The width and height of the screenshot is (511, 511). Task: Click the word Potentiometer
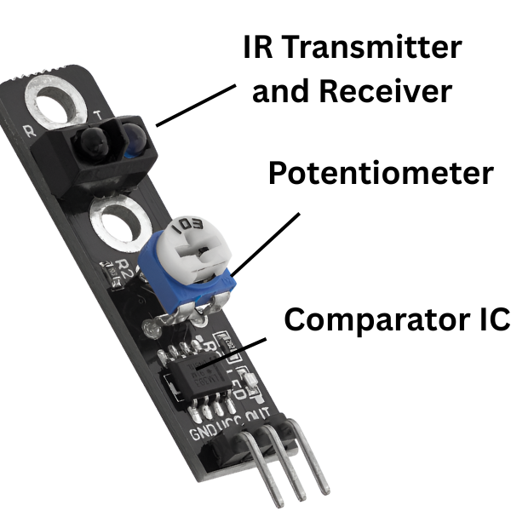coord(380,174)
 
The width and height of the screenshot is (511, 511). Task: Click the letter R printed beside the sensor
coord(32,133)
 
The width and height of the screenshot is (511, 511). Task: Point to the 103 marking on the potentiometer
coord(186,228)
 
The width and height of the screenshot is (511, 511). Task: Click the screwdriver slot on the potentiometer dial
coord(198,250)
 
